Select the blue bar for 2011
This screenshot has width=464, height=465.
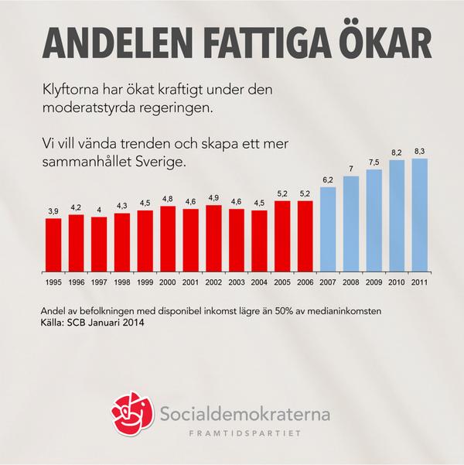coord(420,216)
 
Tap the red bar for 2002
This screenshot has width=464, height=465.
coord(213,239)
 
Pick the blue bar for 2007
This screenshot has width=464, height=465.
coord(328,230)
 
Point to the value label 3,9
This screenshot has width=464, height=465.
coord(53,211)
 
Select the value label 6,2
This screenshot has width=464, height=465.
coord(328,180)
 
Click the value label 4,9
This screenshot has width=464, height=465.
coord(213,198)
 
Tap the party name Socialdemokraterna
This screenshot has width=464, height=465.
coord(247,415)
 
